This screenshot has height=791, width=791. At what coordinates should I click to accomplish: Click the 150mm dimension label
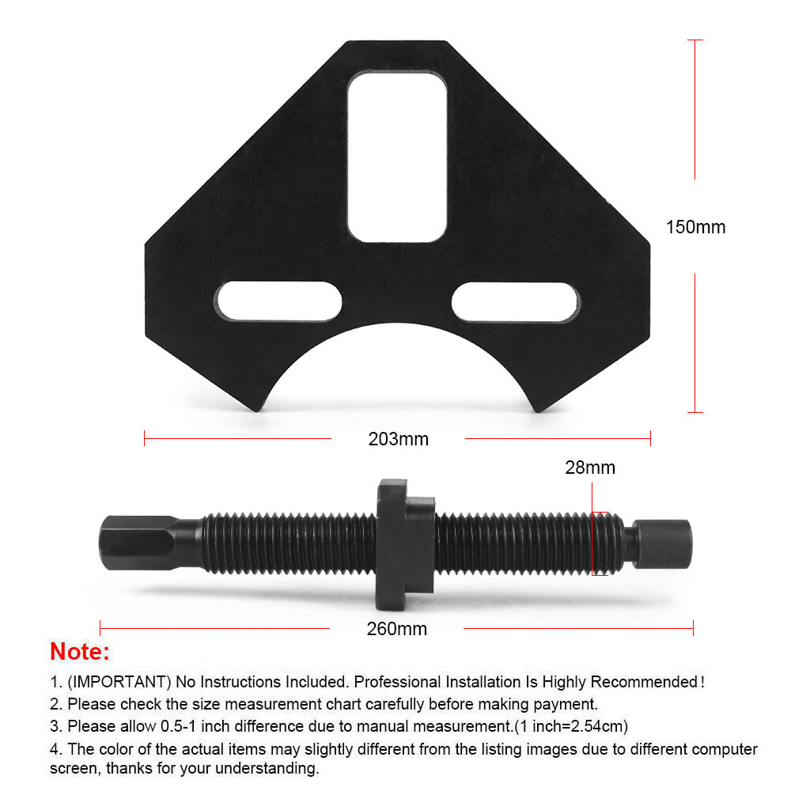coord(695,227)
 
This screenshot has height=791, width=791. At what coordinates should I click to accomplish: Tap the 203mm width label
coord(398,438)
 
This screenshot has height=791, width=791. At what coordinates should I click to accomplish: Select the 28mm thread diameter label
coord(590,467)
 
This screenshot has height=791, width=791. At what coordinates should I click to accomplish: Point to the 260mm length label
coord(396,629)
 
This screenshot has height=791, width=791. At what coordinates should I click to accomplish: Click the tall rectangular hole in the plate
coord(397,157)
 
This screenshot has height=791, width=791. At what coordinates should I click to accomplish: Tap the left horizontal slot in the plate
coord(278,301)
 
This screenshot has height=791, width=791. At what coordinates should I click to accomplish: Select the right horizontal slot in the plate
coord(516,301)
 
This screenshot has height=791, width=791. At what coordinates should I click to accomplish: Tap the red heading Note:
coord(80,653)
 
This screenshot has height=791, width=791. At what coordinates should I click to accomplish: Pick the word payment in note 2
coord(567,703)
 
